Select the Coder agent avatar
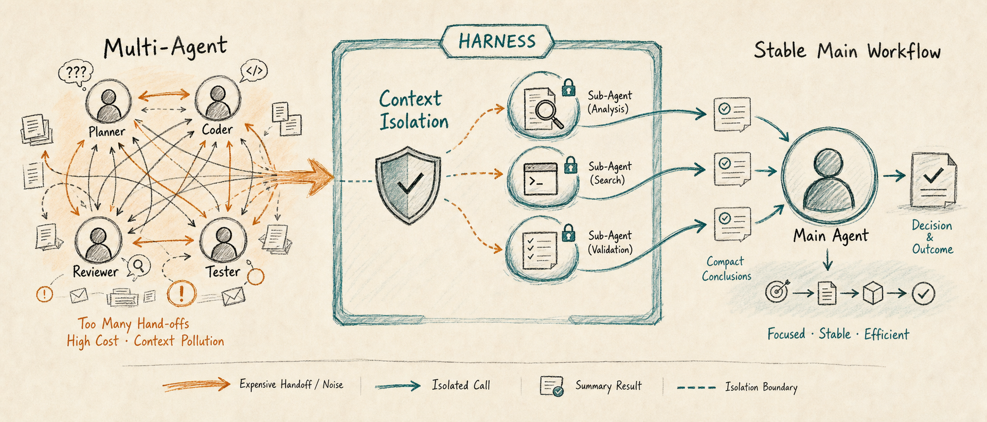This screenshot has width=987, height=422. coord(218,99)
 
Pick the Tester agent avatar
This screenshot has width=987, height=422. coord(223,240)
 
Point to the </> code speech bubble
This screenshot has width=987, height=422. coord(254,71)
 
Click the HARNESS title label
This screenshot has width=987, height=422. coord(497,41)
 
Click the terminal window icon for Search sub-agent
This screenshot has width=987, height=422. coord(540,179)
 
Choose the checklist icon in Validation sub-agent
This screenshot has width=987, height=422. coord(540,251)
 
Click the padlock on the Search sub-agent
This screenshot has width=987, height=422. coord(570,165)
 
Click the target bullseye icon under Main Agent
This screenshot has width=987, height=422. coord(777,292)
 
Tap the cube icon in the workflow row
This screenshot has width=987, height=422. coord(873,293)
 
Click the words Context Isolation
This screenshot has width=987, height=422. coord(414,110)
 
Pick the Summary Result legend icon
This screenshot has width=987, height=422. coord(551,386)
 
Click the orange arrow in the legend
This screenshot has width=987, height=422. coord(196,384)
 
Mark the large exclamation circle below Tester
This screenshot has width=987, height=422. coord(182,293)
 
